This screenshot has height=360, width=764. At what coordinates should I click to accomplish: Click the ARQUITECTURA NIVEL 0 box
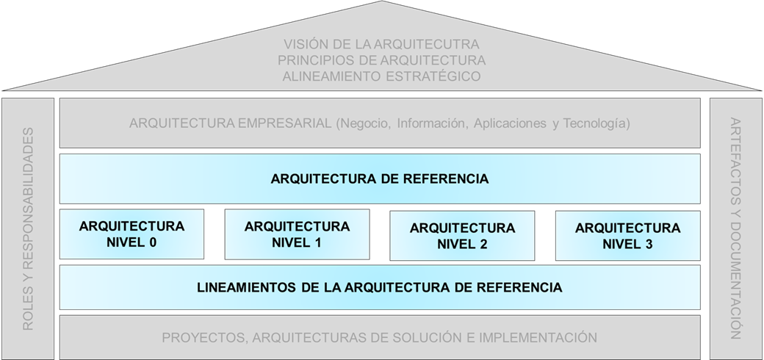click(131, 234)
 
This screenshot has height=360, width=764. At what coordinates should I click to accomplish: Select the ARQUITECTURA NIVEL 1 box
click(297, 234)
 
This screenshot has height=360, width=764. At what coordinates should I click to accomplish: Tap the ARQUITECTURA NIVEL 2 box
click(462, 236)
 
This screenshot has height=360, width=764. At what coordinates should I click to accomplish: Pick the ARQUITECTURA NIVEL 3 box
click(627, 236)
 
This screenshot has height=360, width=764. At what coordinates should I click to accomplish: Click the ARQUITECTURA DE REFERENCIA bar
click(379, 179)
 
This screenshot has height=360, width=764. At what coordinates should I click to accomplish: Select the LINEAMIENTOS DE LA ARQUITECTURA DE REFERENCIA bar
click(379, 287)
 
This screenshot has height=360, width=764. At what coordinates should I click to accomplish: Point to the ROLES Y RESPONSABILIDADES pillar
click(28, 228)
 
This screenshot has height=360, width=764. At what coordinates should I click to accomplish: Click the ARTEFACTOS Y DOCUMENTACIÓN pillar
click(736, 228)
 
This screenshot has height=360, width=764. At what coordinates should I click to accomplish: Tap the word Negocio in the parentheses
click(363, 123)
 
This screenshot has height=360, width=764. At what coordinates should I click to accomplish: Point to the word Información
click(430, 123)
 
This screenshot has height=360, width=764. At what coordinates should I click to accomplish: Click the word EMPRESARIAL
click(283, 123)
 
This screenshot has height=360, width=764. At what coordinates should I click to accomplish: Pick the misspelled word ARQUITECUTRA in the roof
click(431, 44)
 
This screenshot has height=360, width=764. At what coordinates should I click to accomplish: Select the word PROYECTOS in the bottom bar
click(200, 338)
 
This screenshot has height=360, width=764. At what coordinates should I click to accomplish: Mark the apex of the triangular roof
click(381, 2)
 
